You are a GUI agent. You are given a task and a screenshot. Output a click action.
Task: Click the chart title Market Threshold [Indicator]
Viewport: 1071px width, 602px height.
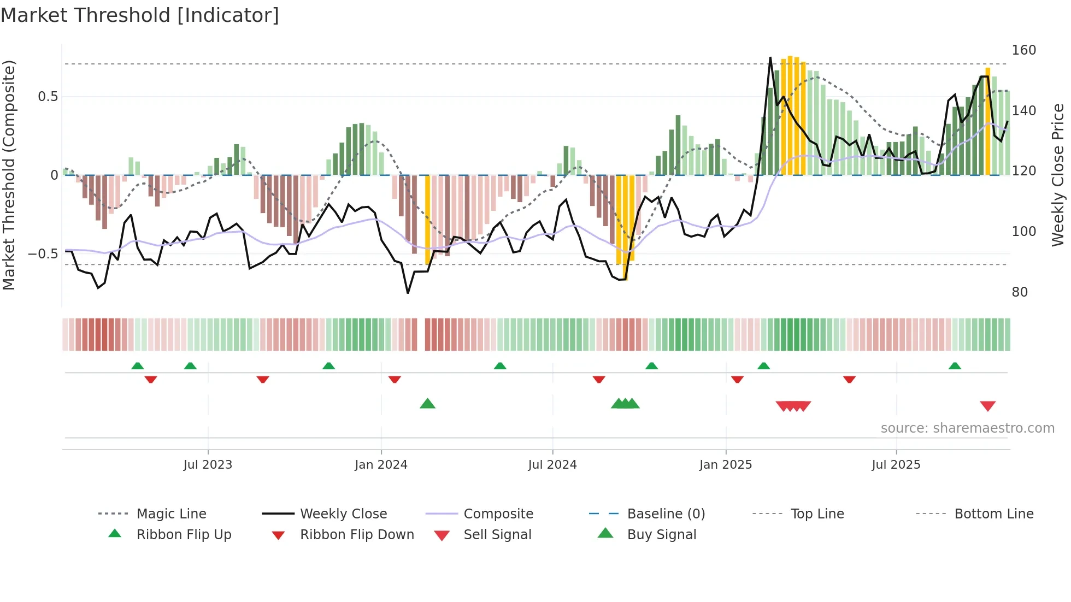140,15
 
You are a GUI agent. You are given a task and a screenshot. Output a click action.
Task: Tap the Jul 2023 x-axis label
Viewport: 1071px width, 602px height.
208,465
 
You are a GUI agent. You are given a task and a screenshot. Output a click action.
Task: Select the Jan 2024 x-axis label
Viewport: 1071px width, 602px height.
381,465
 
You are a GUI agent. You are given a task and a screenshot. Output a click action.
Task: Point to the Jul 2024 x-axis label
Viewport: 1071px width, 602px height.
552,465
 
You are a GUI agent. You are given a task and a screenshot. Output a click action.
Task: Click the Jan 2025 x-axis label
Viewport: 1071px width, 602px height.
726,465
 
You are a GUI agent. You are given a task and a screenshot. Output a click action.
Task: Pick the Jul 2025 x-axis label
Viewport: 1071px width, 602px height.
896,465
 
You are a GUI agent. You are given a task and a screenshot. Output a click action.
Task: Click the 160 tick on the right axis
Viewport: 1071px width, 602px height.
1023,50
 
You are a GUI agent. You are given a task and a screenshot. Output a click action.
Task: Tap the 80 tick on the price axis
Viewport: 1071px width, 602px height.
1020,292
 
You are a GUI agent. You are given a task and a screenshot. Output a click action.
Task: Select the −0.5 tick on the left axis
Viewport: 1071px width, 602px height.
43,254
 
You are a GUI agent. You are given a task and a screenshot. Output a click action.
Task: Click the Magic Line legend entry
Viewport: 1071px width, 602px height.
171,514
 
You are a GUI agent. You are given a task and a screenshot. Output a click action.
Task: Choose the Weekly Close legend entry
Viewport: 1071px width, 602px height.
343,514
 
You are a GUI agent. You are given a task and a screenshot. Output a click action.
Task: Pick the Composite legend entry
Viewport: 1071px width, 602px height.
498,514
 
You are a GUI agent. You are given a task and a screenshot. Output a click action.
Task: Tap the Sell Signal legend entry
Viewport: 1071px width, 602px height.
497,535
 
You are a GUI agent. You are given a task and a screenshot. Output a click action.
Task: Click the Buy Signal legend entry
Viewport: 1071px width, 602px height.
662,535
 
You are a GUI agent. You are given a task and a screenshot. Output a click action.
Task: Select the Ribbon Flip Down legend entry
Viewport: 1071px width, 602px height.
357,535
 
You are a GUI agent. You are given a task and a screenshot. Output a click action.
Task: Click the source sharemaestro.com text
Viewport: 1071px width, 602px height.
967,428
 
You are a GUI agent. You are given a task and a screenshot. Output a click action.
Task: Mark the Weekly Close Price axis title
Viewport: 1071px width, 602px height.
1058,175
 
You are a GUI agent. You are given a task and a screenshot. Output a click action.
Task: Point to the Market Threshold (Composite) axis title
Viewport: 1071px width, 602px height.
9,175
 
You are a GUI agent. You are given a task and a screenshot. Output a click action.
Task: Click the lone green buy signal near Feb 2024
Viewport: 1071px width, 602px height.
427,404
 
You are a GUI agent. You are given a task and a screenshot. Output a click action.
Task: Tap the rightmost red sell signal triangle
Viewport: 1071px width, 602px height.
987,406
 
